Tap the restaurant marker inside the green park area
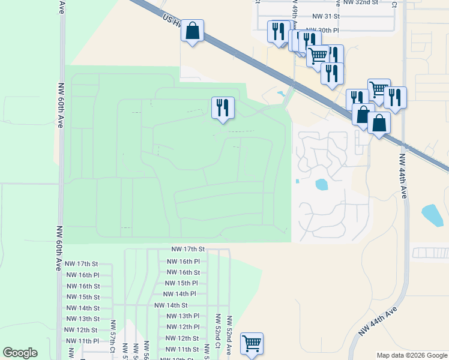(x=223, y=109)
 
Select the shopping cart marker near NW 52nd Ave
(x=252, y=344)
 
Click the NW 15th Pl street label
(x=181, y=283)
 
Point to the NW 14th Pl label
(x=179, y=294)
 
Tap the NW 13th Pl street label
(x=182, y=316)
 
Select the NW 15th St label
(x=82, y=297)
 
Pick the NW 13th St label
(x=82, y=319)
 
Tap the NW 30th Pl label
(x=322, y=29)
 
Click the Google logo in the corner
(x=20, y=353)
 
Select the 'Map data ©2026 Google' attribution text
(x=412, y=355)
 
